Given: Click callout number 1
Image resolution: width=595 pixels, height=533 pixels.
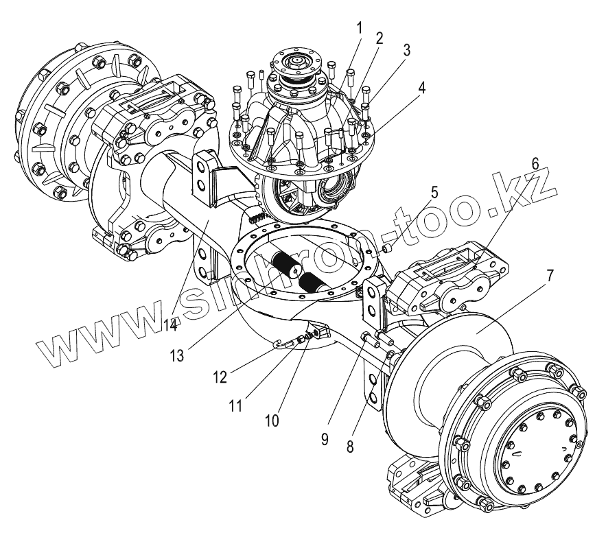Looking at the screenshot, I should tap(359, 28).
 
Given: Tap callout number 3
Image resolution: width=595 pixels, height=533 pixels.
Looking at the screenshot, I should tap(406, 49).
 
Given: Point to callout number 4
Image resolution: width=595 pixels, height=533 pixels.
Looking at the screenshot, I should tap(421, 87).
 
